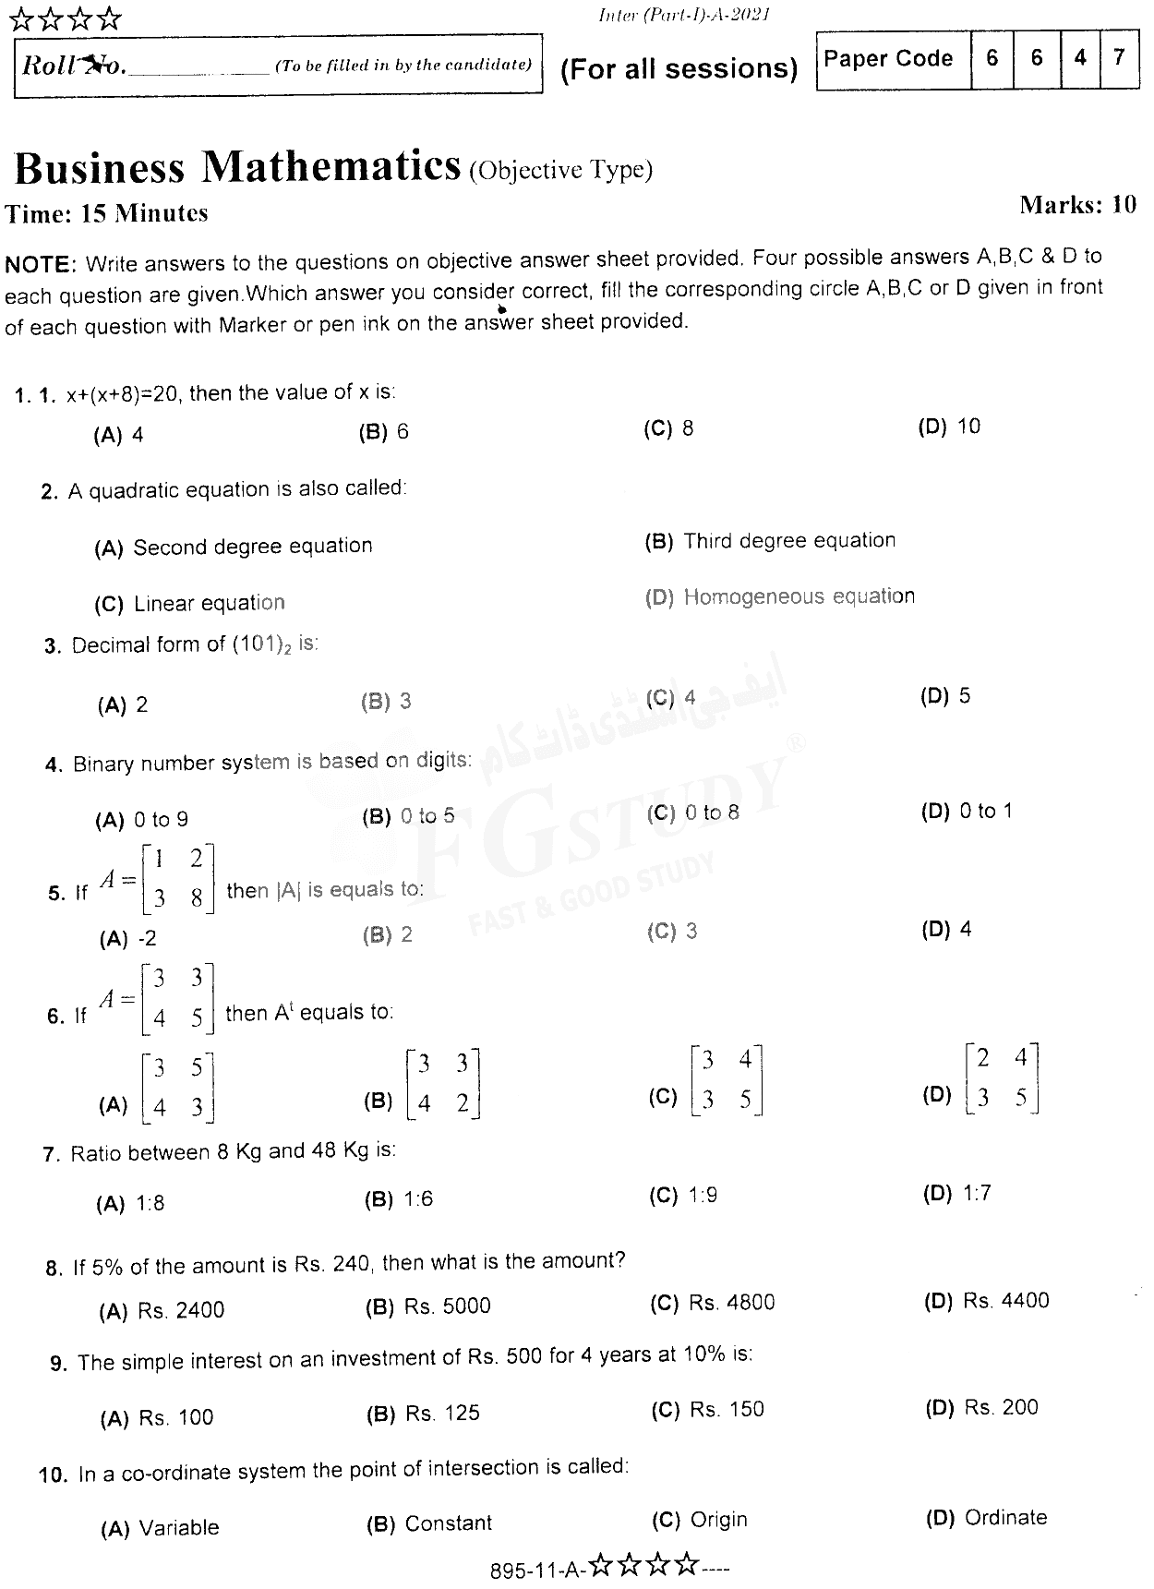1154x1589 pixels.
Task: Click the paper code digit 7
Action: pos(1119,58)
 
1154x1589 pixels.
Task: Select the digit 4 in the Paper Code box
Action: pos(1079,58)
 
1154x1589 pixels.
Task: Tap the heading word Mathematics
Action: pos(331,167)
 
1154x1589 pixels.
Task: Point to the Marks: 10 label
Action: pos(1077,205)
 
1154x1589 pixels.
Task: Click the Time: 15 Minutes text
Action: pos(107,213)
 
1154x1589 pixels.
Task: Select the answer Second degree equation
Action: pos(252,547)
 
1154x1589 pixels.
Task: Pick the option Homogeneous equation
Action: pos(799,597)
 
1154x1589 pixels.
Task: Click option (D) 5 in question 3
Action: pos(945,696)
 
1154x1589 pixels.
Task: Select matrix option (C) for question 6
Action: pos(727,1081)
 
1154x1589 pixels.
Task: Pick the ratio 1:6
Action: pos(417,1198)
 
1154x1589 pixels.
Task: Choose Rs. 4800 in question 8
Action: pos(731,1302)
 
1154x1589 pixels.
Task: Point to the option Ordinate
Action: pos(1005,1517)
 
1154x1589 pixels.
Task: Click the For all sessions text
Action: pos(679,69)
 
